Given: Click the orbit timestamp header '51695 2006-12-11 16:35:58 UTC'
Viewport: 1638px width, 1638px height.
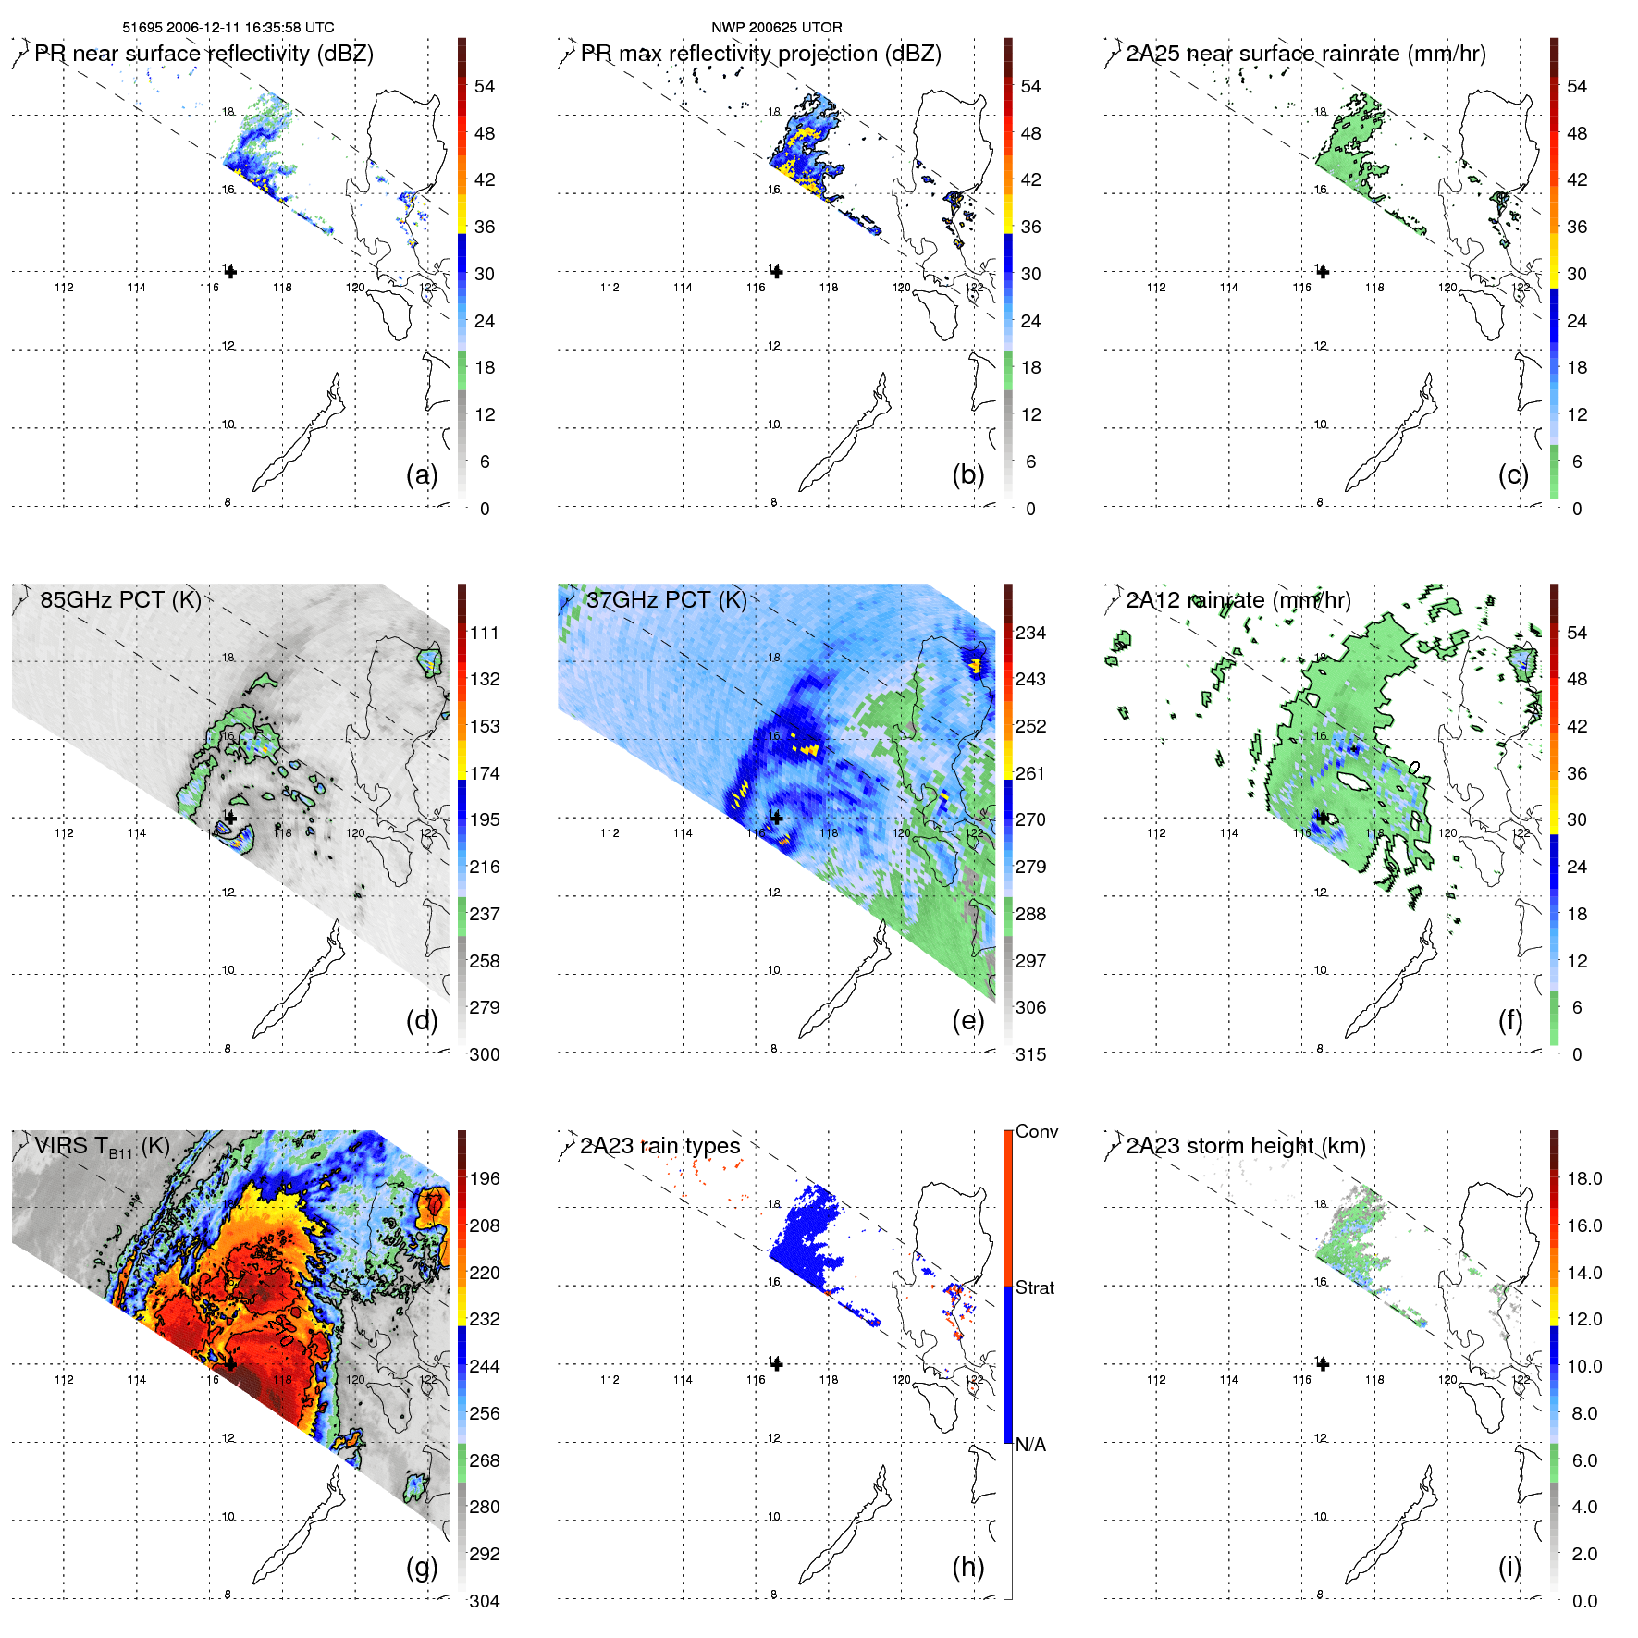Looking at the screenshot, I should tap(228, 28).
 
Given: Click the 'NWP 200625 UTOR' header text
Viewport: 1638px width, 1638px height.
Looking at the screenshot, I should tap(776, 28).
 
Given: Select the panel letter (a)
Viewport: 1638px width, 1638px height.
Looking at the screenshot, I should tap(421, 475).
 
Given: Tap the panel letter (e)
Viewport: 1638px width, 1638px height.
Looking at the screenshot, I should tap(967, 1021).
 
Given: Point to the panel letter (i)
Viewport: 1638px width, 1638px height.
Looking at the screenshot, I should tap(1509, 1567).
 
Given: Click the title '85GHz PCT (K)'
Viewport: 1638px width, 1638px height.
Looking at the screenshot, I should tap(120, 599).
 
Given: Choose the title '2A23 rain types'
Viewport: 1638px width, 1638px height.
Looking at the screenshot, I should tap(659, 1146).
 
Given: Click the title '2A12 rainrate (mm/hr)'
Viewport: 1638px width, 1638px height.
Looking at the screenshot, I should tap(1238, 599).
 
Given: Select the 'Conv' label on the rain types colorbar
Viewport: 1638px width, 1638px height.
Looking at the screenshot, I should tap(1037, 1131).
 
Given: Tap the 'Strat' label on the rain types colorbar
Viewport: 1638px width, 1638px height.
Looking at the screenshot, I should tap(1035, 1287).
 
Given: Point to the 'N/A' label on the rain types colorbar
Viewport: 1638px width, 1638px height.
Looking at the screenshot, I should tap(1030, 1445).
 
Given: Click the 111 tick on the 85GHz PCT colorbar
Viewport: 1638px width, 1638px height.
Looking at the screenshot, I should tap(485, 633).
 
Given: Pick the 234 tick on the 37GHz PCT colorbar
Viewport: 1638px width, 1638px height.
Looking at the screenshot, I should tap(1030, 633).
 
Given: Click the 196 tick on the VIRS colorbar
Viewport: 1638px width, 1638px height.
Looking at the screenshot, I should tap(485, 1178).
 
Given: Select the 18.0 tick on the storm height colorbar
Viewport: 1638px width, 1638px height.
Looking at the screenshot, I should tap(1584, 1178).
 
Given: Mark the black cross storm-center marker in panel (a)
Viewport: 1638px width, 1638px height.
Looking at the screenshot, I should tap(230, 272).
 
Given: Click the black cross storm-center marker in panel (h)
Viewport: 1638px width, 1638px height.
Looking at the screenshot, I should tap(777, 1364).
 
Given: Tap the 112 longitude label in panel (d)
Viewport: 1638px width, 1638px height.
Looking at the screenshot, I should tap(64, 833).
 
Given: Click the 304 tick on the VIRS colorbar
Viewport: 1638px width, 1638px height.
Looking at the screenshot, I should tap(485, 1601).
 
